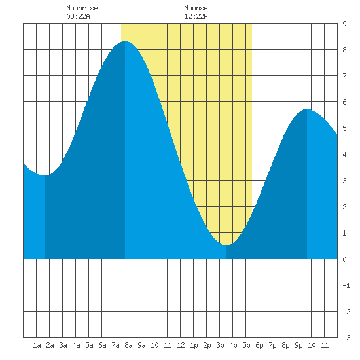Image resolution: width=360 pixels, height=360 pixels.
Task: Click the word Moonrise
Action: point(82,8)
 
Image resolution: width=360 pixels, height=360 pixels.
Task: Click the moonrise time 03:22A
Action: point(78,16)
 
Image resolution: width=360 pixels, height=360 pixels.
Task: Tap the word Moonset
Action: point(198,8)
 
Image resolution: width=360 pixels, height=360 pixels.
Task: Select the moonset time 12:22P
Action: point(196,16)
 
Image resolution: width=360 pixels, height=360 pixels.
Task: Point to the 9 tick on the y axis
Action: point(344,24)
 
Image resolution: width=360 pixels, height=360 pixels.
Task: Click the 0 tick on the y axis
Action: point(344,259)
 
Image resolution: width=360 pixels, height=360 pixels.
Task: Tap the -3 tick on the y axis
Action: point(346,338)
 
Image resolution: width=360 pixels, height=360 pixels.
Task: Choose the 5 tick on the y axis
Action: point(344,128)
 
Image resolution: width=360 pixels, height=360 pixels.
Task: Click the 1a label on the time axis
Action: point(37,345)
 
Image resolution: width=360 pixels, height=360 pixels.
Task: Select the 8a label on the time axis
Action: point(128,345)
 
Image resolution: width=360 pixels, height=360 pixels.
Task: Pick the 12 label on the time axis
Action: point(181,345)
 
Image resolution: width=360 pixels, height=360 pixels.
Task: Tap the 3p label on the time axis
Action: point(220,345)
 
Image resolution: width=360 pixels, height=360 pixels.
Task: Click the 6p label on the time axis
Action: point(259,345)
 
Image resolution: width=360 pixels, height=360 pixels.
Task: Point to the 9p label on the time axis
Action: point(298,345)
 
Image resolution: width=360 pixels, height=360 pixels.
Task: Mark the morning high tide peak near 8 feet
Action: point(124,41)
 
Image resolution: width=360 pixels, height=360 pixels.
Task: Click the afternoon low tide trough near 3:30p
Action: point(226,245)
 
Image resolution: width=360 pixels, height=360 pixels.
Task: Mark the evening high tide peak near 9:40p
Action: point(307,109)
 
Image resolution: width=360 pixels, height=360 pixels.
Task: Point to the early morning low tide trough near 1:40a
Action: point(45,175)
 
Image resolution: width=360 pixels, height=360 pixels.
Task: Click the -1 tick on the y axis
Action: point(346,285)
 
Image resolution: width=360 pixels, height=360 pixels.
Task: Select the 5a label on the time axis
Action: point(89,345)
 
